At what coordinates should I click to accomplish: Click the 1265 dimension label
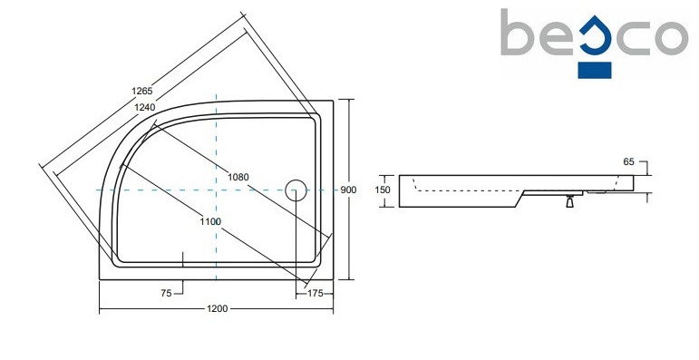coord(142,91)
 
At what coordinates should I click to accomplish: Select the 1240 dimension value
coord(144,107)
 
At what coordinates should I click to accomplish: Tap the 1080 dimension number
coord(238,177)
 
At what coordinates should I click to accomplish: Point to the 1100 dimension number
coord(211,221)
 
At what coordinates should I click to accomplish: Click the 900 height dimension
coord(349,190)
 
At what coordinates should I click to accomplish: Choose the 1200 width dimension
coord(217,308)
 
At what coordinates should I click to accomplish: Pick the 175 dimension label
coord(316,294)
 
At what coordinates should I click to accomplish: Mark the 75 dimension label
coord(166,294)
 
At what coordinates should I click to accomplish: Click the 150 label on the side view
coord(383,190)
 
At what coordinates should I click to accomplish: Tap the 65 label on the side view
coord(628,162)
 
